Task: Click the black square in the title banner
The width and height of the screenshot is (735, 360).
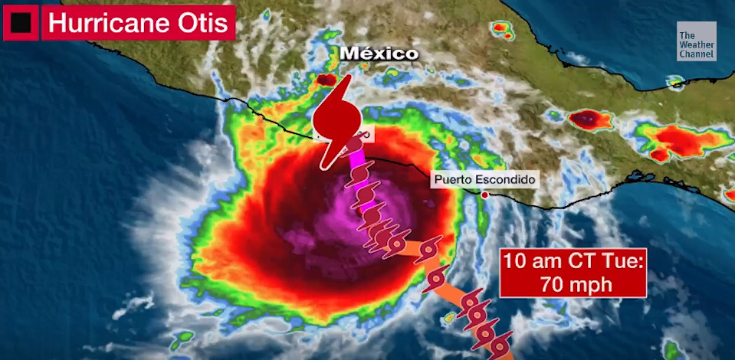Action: click(x=21, y=23)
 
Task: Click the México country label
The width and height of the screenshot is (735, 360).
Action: click(x=379, y=54)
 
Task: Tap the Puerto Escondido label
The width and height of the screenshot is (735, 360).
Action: click(x=484, y=180)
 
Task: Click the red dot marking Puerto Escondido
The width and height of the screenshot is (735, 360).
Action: click(x=484, y=195)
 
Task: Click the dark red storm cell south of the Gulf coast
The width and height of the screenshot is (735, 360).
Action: click(x=586, y=119)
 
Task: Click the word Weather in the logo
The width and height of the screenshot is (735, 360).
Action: click(x=696, y=45)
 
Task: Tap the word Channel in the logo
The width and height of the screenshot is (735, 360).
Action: click(x=696, y=54)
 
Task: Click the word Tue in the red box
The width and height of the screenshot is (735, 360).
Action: click(x=620, y=260)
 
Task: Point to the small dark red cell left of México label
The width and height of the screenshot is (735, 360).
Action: click(x=327, y=79)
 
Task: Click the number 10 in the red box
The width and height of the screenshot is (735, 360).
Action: click(x=516, y=260)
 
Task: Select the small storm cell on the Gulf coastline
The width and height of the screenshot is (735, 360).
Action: click(x=674, y=81)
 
